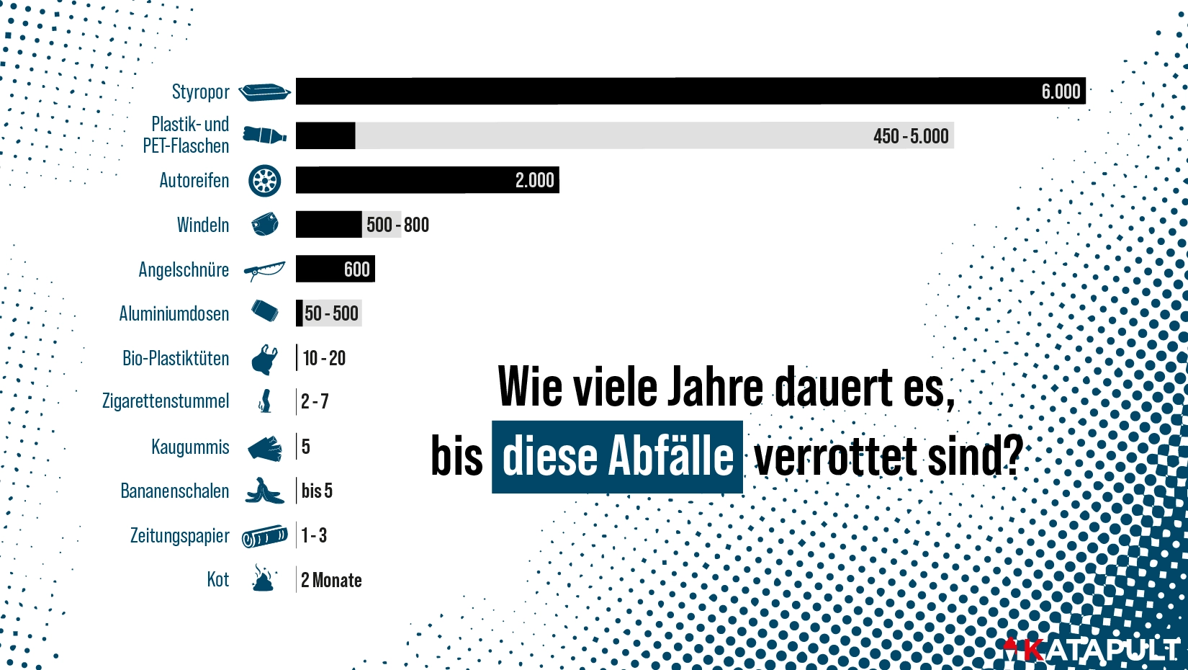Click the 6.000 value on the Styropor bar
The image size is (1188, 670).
click(1060, 91)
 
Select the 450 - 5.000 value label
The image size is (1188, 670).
click(910, 136)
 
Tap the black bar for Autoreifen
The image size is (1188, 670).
click(403, 180)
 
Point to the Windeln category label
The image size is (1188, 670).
click(203, 225)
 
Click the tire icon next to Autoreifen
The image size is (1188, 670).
click(264, 181)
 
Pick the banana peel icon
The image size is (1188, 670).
click(264, 491)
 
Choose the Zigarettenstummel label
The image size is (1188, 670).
click(166, 401)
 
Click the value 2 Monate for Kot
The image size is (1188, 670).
click(331, 580)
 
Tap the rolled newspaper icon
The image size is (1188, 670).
click(264, 537)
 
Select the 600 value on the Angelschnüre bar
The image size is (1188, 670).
click(356, 269)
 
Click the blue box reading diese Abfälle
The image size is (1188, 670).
click(617, 457)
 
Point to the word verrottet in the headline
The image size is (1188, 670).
click(835, 457)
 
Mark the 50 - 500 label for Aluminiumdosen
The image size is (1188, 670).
click(331, 313)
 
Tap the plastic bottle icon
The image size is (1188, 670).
click(264, 135)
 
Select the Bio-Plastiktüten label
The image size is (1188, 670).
click(176, 358)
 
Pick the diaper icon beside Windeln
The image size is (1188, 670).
click(265, 225)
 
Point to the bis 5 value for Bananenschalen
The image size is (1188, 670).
click(317, 491)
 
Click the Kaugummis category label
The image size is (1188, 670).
click(190, 447)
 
